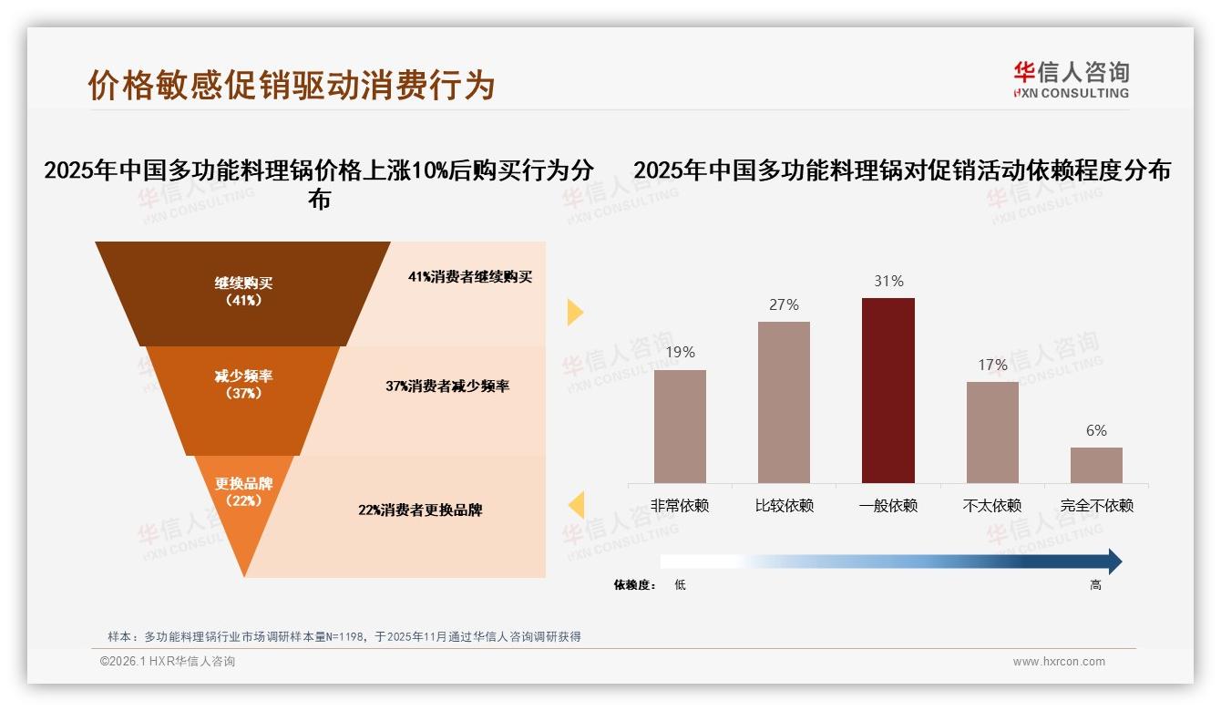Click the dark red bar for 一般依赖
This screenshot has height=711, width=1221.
coord(888,390)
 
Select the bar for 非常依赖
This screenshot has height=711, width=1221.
coord(680,426)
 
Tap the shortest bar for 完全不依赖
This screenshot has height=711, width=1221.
coord(1096,465)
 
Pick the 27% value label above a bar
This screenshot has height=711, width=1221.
coord(784,304)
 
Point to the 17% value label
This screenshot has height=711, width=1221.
coord(992,365)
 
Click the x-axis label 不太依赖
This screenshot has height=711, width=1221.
coord(992,506)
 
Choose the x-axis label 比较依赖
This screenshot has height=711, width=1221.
coord(784,506)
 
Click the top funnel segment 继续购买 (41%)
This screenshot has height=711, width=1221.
coord(243,292)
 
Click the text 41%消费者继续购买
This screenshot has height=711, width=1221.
coord(470,277)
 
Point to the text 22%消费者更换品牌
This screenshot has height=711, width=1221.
coord(420,510)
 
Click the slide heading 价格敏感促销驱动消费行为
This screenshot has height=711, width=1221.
coord(291,85)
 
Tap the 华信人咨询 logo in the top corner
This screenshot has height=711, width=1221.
coord(1071,79)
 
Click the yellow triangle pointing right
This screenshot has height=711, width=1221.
coord(574,312)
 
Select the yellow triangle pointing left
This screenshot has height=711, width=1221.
coord(576,505)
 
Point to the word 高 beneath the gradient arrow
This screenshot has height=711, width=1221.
coord(1095,585)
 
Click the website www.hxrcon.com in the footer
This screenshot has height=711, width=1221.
coord(1059,662)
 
